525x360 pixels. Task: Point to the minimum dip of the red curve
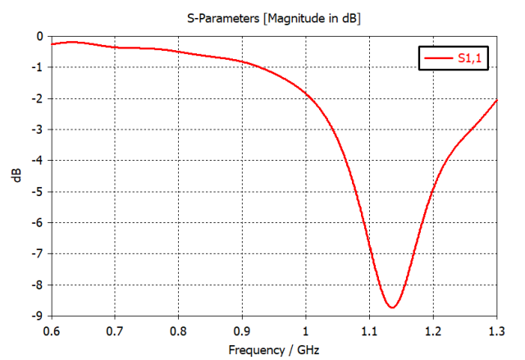[x=393, y=308]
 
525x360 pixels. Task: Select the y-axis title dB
[x=17, y=175]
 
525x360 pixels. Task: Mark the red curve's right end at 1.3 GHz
[x=496, y=100]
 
